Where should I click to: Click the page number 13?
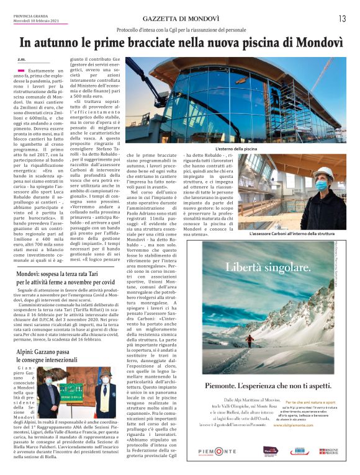point(342,19)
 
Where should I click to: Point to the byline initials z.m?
point(22,60)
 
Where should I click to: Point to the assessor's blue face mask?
point(321,184)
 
